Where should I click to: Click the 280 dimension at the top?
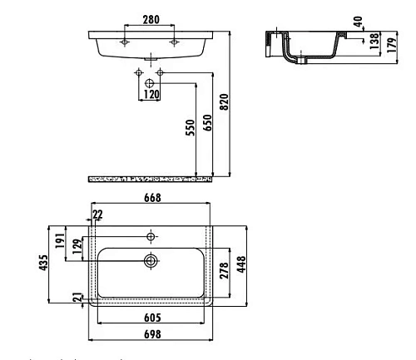[151, 18]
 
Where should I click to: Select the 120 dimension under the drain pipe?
[151, 95]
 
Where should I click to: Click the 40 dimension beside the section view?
[358, 22]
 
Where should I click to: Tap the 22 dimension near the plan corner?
[98, 215]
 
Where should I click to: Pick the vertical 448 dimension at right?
[242, 264]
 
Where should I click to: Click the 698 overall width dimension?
[151, 334]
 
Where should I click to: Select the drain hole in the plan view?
[151, 260]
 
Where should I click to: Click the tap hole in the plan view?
[151, 234]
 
